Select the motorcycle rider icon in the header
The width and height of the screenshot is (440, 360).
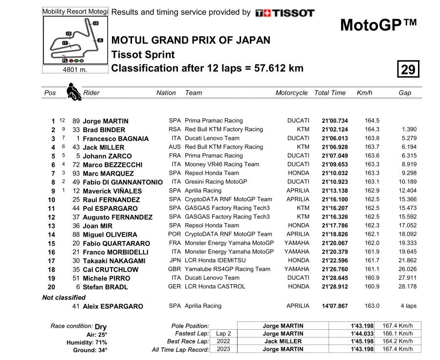click(73, 91)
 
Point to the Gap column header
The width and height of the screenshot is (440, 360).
click(405, 93)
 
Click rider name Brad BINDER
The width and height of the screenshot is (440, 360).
click(104, 130)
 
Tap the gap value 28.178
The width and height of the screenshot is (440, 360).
click(408, 287)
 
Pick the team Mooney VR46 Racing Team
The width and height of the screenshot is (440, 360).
click(222, 164)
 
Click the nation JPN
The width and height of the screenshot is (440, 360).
click(175, 260)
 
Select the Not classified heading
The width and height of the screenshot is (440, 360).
click(64, 297)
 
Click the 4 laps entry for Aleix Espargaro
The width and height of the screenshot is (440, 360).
click(408, 306)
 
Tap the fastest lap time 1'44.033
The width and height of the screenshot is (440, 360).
click(362, 334)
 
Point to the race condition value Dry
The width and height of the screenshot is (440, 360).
click(101, 327)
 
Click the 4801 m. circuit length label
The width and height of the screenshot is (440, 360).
click(75, 69)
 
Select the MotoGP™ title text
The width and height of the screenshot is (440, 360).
click(378, 25)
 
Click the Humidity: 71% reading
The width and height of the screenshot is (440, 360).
click(87, 342)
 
